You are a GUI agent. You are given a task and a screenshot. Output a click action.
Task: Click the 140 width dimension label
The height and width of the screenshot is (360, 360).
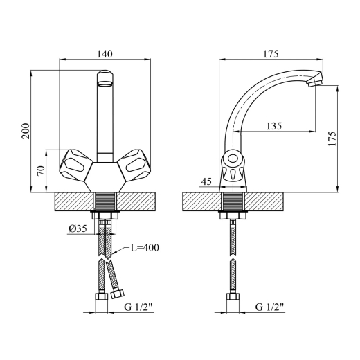105,54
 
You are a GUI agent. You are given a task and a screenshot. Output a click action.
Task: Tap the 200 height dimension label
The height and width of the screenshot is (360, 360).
26,131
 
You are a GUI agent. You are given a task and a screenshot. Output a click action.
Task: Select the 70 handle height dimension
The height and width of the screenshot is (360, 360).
41,170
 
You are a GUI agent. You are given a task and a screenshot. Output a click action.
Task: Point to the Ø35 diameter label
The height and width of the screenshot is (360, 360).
78,228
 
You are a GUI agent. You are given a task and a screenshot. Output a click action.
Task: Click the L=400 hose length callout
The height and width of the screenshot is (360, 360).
145,248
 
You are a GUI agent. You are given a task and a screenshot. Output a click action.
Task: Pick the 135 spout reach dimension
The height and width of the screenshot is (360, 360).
274,126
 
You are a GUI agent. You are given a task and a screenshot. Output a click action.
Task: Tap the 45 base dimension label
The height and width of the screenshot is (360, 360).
206,181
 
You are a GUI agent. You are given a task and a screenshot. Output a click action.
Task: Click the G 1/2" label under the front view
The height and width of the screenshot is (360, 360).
138,307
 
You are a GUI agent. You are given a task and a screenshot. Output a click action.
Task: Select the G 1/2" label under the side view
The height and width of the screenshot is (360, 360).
269,307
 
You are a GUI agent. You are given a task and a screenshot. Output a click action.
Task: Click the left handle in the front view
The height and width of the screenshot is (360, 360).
74,165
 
